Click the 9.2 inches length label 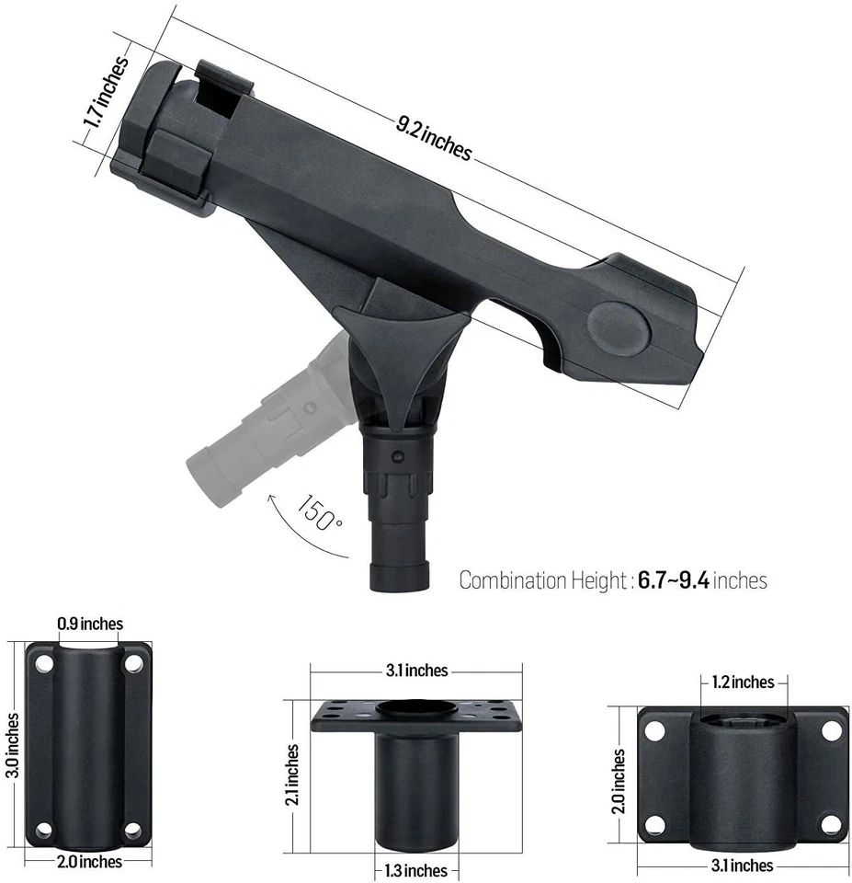pyautogui.click(x=434, y=137)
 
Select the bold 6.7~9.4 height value pyautogui.click(x=675, y=580)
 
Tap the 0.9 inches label pyautogui.click(x=89, y=624)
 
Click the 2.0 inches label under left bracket pyautogui.click(x=88, y=862)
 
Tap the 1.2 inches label pyautogui.click(x=743, y=682)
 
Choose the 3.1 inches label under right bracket pyautogui.click(x=743, y=866)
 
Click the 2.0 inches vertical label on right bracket pyautogui.click(x=619, y=781)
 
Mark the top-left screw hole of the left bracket pyautogui.click(x=41, y=661)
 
